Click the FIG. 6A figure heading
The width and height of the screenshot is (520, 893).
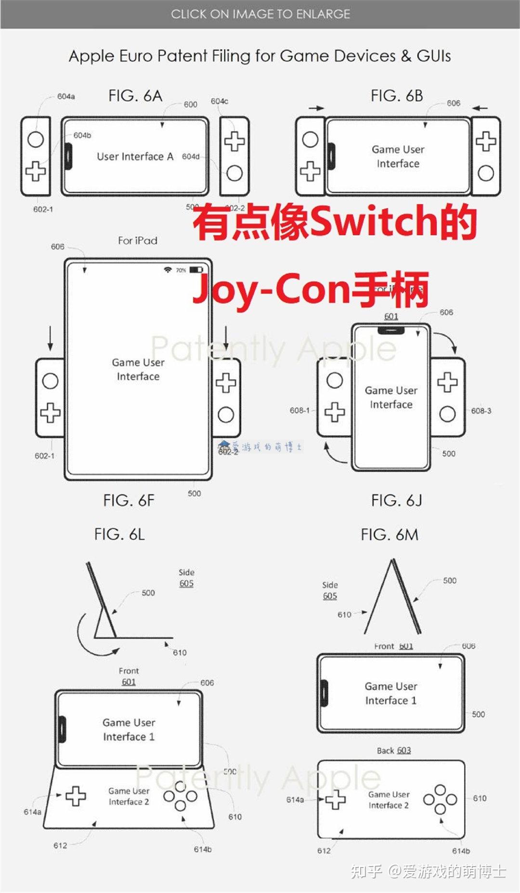tap(135, 96)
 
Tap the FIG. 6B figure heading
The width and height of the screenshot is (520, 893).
tap(397, 96)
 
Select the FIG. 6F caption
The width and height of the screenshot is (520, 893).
tap(129, 501)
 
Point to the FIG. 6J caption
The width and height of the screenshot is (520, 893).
tap(397, 501)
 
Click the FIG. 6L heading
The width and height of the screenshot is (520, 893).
tap(119, 534)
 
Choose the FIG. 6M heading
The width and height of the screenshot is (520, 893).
tap(390, 534)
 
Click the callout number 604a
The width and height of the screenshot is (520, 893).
tap(66, 96)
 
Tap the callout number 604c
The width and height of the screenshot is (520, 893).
tap(219, 101)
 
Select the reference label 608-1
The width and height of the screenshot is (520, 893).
tap(299, 410)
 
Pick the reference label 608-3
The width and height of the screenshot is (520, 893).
tap(481, 411)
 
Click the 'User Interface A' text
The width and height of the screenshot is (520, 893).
tap(135, 156)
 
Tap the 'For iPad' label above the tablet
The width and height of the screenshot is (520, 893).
tap(138, 240)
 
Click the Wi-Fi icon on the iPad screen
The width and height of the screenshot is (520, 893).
tap(168, 270)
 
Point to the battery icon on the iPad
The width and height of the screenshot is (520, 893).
tap(196, 270)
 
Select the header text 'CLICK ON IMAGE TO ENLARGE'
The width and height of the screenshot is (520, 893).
tap(260, 14)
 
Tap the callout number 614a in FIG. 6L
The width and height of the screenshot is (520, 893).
tap(32, 812)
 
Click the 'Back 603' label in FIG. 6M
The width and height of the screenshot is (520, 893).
tap(394, 751)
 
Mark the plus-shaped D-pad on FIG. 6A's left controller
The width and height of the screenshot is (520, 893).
tap(36, 171)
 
